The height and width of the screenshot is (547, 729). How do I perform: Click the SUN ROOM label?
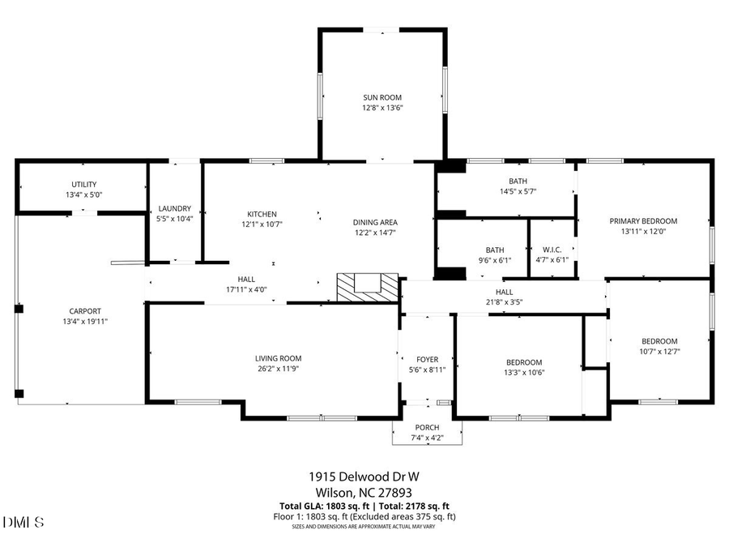pos(382,97)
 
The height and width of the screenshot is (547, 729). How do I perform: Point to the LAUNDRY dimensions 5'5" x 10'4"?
pos(174,219)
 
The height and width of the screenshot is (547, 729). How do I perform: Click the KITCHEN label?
pos(262,214)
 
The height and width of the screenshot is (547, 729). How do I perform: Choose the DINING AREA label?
pos(375,222)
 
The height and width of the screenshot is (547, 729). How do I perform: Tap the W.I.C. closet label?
pos(552,250)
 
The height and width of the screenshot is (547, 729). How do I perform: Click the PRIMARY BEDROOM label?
pos(643,220)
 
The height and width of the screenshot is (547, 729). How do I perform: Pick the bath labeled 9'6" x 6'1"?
pos(494,250)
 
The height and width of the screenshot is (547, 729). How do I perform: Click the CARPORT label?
pos(85,311)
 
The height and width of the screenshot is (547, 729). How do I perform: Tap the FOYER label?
pos(427,359)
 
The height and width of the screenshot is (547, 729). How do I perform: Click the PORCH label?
pos(427,427)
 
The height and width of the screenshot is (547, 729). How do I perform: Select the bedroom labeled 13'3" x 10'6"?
pos(524,362)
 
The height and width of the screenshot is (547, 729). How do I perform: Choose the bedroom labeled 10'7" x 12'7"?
pos(659,341)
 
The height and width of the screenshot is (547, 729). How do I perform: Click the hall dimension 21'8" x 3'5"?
pos(504,302)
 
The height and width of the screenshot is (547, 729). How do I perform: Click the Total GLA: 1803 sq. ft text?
pos(317,506)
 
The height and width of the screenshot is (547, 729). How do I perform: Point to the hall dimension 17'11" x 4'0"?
pos(246,289)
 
